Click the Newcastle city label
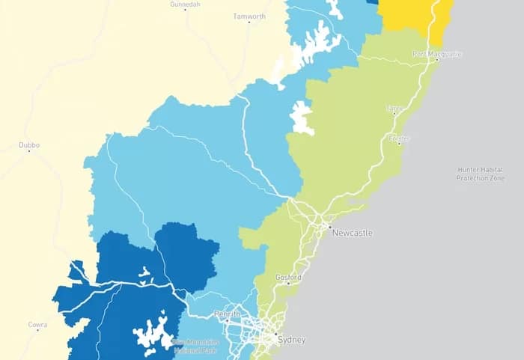click(x=353, y=233)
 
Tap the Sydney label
click(x=291, y=340)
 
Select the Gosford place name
click(x=289, y=278)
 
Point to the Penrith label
click(x=226, y=314)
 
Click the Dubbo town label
click(x=29, y=145)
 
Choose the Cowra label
click(x=37, y=325)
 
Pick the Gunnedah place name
click(x=186, y=4)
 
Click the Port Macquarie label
click(x=437, y=54)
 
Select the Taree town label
click(x=394, y=109)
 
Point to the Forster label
click(x=399, y=138)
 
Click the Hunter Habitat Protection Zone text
click(x=479, y=174)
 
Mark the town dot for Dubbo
click(x=29, y=151)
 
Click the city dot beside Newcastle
click(x=329, y=225)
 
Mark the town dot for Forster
click(x=399, y=144)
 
